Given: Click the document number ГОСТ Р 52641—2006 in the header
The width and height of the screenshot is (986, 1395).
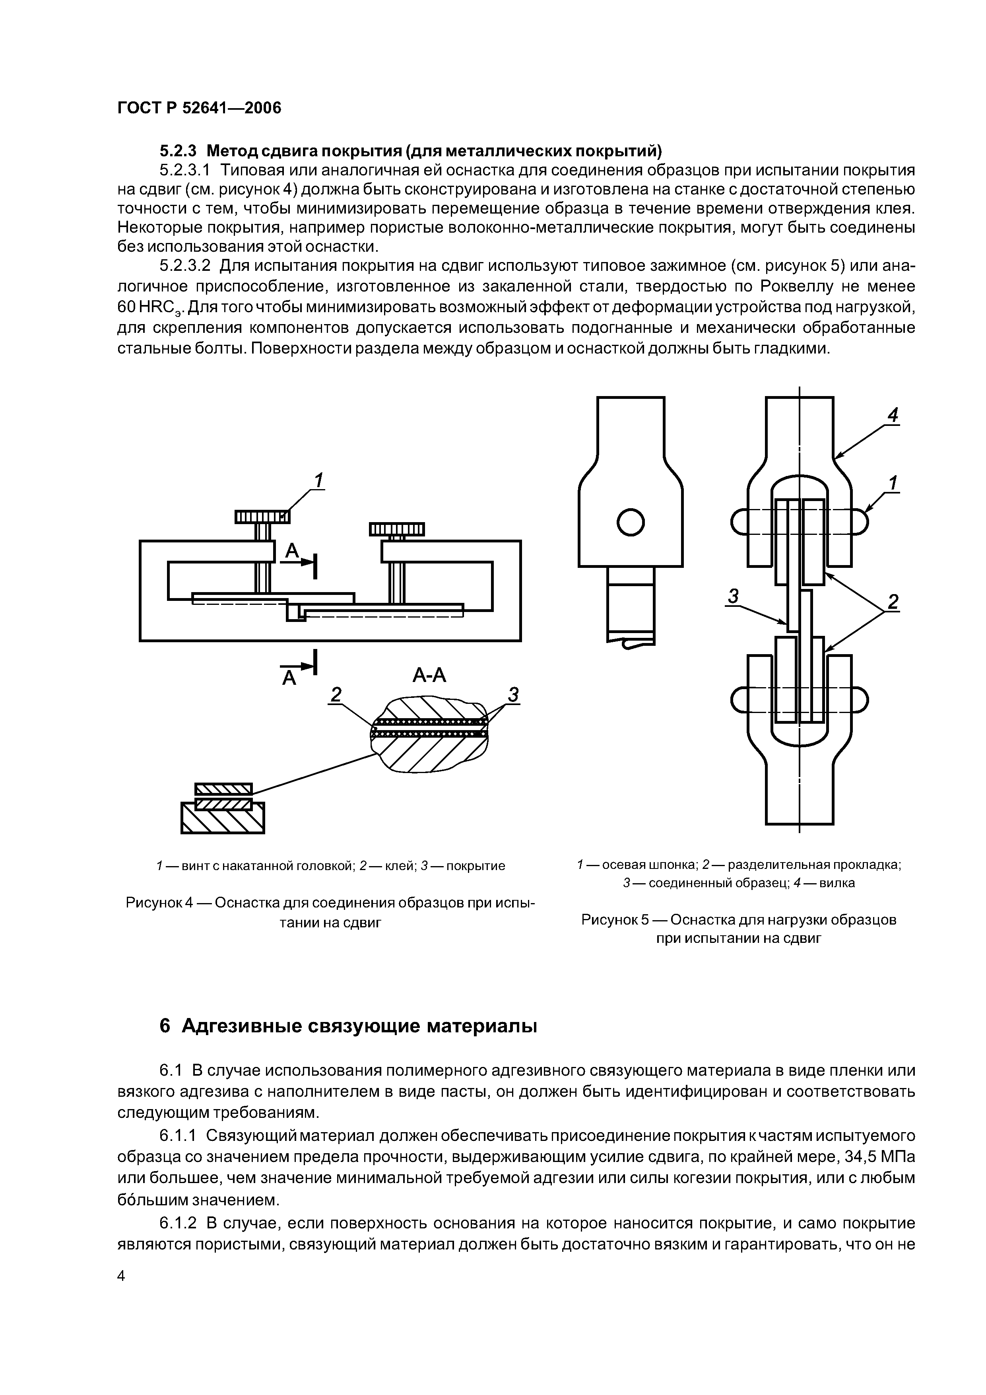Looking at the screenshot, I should point(199,109).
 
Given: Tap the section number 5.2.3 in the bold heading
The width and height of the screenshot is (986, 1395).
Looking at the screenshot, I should point(177,150).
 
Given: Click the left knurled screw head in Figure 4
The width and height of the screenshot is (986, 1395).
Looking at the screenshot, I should point(262,517).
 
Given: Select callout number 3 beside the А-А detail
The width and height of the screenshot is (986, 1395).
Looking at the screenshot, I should point(513,694).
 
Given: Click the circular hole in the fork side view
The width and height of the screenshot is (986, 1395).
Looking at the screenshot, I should point(630,522).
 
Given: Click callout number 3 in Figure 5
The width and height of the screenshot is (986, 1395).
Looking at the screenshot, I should point(733,597).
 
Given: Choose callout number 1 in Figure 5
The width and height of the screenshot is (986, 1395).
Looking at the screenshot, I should point(893,483).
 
